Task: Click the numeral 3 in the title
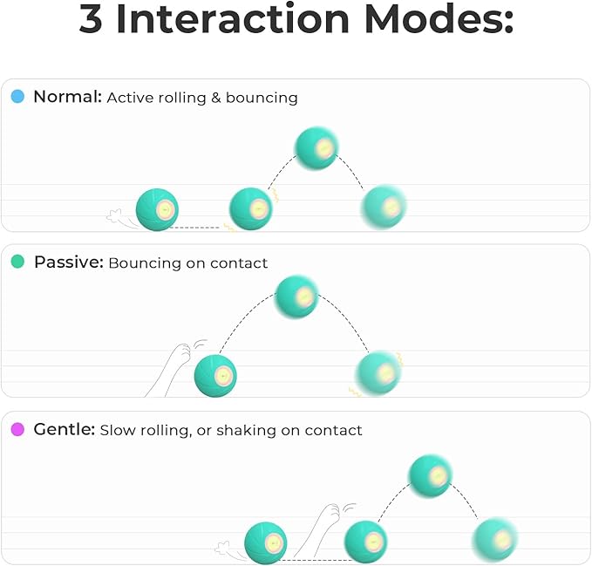91,20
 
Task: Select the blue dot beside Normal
17,97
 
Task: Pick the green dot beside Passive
17,262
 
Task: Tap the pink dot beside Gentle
17,429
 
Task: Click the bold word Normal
67,97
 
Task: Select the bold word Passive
68,262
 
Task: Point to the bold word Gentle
63,429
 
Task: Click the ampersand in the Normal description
214,98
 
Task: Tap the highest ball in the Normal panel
316,148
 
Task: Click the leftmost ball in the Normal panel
157,210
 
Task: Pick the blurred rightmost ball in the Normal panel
384,208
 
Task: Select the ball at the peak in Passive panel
296,297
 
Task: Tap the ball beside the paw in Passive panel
214,376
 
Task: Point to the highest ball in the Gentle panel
431,475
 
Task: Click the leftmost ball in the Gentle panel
265,542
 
